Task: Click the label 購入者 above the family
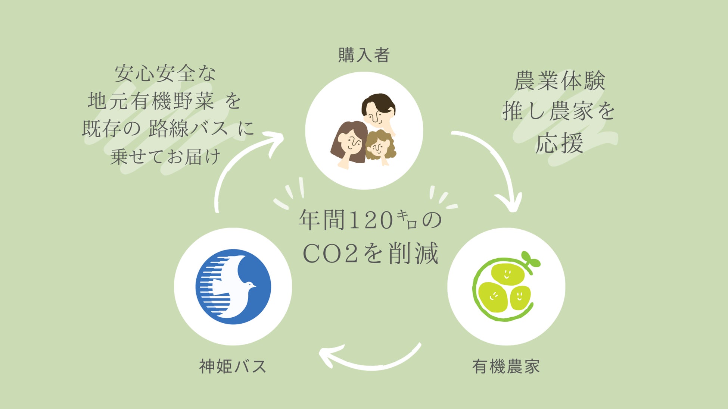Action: pos(364,55)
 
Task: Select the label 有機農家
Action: pos(506,366)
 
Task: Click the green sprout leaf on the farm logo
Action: pos(530,259)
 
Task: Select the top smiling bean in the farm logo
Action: pos(507,274)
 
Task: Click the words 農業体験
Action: pos(559,81)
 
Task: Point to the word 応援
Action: pos(559,143)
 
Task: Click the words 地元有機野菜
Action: pos(151,101)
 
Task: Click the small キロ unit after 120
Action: pos(407,219)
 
